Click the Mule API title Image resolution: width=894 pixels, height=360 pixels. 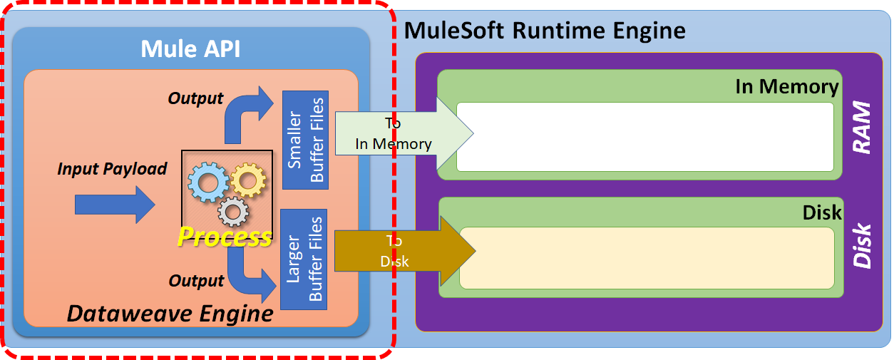(x=190, y=48)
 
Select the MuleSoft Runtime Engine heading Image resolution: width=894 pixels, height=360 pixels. (x=545, y=30)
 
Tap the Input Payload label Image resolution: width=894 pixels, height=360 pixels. (x=112, y=169)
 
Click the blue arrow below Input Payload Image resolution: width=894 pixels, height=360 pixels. (x=115, y=206)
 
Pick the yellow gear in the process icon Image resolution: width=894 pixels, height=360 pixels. (x=247, y=180)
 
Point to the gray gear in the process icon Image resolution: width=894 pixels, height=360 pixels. (x=233, y=211)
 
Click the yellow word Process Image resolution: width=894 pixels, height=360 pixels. (x=224, y=237)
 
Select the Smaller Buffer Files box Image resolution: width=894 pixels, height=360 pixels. (x=305, y=140)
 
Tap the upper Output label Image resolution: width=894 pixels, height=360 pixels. (x=195, y=98)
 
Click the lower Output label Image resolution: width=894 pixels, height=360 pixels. (x=196, y=281)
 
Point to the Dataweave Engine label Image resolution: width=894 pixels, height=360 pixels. (x=170, y=313)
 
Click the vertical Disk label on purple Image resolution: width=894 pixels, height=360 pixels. (x=863, y=246)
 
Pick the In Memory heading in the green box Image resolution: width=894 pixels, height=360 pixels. (x=786, y=87)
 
